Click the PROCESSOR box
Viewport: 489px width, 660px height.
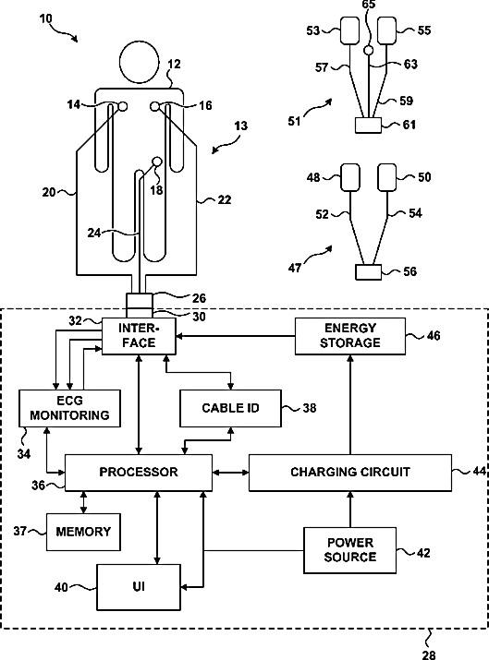pos(139,473)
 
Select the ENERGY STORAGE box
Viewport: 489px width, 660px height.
pos(350,336)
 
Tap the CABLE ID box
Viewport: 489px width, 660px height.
pos(230,408)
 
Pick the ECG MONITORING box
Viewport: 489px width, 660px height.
pos(69,408)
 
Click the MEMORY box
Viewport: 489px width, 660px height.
pos(83,532)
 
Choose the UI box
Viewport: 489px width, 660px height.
pos(139,587)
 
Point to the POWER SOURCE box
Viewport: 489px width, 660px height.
pos(350,550)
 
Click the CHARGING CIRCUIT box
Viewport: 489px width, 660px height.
pos(350,473)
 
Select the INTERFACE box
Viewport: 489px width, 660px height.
pos(139,336)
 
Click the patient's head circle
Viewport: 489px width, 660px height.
pos(139,62)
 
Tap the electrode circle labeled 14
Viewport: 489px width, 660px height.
pos(122,106)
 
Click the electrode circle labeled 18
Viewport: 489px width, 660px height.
pos(156,162)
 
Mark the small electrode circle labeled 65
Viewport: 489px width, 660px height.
pos(369,51)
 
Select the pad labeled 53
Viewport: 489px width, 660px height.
pos(350,30)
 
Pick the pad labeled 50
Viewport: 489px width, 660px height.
pos(387,177)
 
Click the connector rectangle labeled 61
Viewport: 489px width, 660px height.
pos(368,125)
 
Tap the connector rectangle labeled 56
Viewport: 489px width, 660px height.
pos(368,272)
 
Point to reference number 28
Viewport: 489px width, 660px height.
pos(429,654)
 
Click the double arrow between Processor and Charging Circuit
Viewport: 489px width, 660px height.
pos(230,473)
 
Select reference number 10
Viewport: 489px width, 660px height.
pos(46,19)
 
